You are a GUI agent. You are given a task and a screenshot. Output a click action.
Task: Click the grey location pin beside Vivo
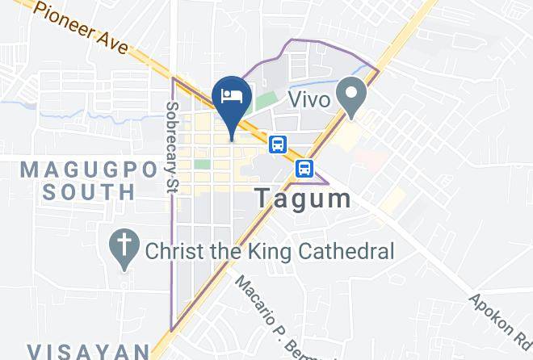(351, 94)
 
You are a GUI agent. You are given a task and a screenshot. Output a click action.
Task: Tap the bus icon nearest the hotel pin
(278, 144)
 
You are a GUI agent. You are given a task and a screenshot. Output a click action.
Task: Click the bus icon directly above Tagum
(304, 169)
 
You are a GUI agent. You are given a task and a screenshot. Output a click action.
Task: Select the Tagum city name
(303, 199)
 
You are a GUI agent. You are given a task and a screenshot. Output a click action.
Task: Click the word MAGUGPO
(77, 170)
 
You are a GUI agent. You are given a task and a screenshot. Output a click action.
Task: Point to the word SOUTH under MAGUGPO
(89, 192)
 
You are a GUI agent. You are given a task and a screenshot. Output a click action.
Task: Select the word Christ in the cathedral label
(174, 251)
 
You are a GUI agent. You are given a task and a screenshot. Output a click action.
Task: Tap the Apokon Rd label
(500, 321)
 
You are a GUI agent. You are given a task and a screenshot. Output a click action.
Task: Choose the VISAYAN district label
(88, 351)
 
